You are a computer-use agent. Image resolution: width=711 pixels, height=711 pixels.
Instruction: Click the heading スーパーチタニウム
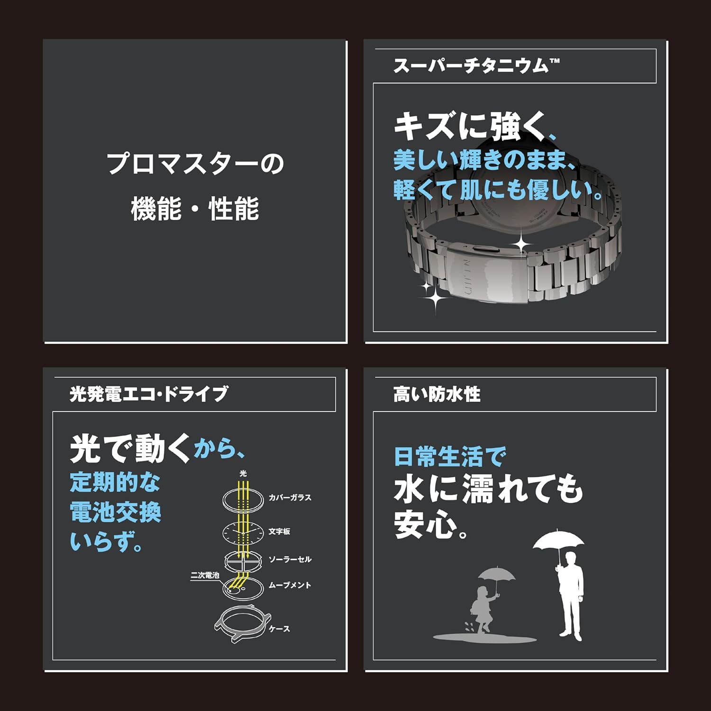476,66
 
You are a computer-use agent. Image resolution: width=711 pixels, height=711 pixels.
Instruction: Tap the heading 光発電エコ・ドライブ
149,394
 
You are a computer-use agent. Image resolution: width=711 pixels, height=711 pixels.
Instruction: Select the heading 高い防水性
437,394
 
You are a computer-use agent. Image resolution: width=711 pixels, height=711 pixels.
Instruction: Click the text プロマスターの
195,164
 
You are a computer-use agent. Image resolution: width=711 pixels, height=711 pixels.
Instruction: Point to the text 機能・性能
195,209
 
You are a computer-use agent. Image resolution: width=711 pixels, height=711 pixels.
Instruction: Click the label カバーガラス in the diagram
290,498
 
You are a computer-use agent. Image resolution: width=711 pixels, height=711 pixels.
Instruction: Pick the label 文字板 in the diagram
279,531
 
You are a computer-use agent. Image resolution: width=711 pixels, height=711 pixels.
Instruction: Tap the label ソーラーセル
290,559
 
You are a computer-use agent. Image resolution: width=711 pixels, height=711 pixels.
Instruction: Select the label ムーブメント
290,585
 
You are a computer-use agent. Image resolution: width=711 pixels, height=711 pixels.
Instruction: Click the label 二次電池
205,575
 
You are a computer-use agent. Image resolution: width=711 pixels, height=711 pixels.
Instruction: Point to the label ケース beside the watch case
279,629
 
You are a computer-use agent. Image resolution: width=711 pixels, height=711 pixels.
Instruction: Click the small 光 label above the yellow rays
243,473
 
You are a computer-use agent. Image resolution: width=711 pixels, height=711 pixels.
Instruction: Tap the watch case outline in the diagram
243,622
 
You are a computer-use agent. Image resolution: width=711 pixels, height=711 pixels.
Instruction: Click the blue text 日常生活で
450,456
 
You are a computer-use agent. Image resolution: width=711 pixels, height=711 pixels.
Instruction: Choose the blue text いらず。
106,541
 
